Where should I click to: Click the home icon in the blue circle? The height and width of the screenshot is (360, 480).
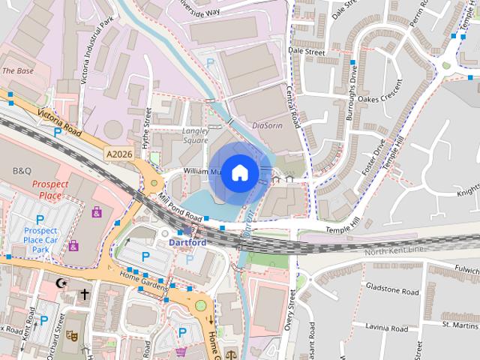(239, 173)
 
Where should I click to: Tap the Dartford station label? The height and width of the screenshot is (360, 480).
(187, 244)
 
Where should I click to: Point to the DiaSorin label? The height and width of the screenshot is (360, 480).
(268, 125)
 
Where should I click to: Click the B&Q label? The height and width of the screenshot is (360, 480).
(22, 171)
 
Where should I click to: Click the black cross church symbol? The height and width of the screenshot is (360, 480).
(85, 294)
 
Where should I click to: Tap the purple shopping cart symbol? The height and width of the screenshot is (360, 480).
(181, 351)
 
